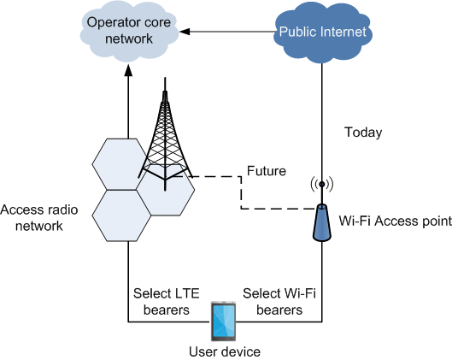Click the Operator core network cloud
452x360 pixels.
click(x=129, y=31)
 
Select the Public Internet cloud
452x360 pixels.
click(x=322, y=32)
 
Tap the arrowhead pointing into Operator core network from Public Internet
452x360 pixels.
click(x=185, y=32)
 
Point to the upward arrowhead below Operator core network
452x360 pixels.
click(x=128, y=70)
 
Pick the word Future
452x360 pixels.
click(x=267, y=171)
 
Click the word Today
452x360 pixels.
click(x=363, y=133)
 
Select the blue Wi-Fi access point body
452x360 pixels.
click(x=322, y=222)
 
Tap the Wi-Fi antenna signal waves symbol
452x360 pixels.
click(x=322, y=184)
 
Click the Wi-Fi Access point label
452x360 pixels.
click(x=396, y=221)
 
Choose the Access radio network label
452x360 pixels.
click(x=39, y=218)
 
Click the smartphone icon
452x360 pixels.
click(x=223, y=322)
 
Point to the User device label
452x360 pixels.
click(x=225, y=352)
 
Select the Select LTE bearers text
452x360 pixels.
click(x=167, y=302)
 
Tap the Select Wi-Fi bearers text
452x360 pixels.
click(x=279, y=302)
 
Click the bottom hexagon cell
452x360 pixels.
click(x=121, y=215)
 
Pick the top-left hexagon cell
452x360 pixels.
click(x=121, y=164)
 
